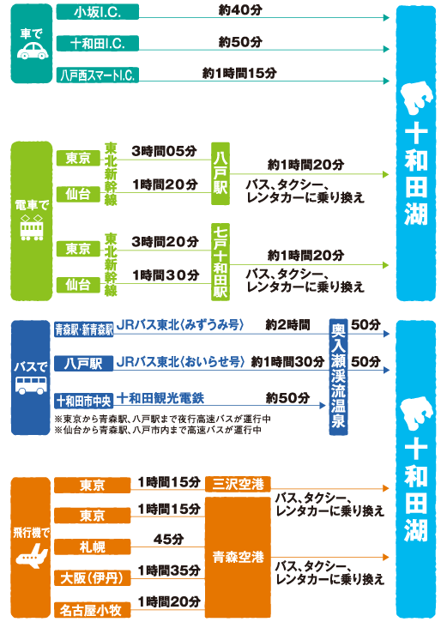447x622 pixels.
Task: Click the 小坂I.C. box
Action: (98, 12)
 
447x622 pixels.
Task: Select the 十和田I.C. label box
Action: (98, 43)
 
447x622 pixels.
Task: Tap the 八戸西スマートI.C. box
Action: (98, 75)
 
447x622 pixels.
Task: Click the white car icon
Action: (32, 51)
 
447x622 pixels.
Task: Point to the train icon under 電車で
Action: (32, 228)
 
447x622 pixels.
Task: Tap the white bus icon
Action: (31, 385)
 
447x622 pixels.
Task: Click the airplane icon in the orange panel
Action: (32, 556)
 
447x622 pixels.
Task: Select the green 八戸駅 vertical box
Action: (220, 174)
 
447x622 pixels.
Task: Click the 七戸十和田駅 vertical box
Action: (220, 262)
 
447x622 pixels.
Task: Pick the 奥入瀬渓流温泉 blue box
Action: (338, 377)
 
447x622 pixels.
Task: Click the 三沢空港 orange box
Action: (238, 485)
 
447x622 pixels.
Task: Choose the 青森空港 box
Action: (238, 558)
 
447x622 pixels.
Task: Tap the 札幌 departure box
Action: (93, 547)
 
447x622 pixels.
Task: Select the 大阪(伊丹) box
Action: (93, 578)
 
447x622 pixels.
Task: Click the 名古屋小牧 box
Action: (93, 610)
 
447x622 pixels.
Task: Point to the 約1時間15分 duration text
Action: (239, 73)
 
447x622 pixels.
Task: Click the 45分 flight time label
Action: (168, 539)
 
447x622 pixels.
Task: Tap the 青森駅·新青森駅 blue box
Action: (84, 329)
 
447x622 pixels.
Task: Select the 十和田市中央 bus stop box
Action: (84, 401)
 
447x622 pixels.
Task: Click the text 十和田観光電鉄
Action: (160, 398)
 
